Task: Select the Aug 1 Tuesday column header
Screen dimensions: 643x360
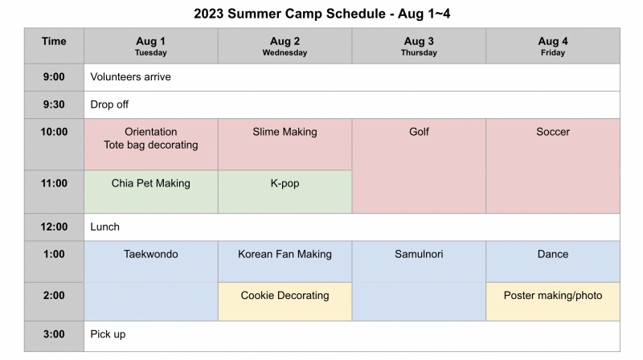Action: pos(151,46)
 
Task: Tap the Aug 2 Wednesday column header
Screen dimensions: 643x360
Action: pos(285,46)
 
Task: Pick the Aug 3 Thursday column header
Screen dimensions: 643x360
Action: pos(419,46)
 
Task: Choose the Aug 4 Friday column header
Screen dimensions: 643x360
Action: pos(553,46)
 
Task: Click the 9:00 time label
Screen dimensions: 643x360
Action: pos(54,76)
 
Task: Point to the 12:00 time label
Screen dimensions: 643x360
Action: pos(54,227)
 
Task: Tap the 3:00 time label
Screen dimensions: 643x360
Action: pos(54,334)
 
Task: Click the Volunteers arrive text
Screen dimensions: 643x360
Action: pos(130,76)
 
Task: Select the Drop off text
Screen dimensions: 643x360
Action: pos(109,104)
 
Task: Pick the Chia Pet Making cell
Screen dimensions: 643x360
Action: pos(151,191)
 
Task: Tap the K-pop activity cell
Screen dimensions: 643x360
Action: pos(285,191)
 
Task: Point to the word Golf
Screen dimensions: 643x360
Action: pos(419,132)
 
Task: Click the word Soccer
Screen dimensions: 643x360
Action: pos(553,132)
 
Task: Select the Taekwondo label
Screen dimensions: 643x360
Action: pos(151,254)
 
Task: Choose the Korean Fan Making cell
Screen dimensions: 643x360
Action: pos(285,262)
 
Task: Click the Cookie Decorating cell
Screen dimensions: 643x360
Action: pos(285,301)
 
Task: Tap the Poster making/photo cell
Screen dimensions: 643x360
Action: pos(553,301)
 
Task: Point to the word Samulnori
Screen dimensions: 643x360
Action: pos(419,254)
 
